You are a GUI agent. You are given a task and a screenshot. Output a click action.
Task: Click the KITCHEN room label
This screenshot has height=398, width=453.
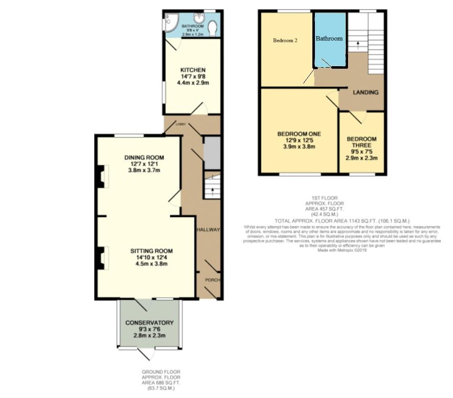(193, 70)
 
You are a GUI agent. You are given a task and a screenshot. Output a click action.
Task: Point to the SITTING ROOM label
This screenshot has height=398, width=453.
(151, 251)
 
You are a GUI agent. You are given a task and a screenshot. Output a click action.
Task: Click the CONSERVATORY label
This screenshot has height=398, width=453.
(150, 323)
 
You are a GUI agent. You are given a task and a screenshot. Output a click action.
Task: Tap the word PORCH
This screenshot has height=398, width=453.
(212, 280)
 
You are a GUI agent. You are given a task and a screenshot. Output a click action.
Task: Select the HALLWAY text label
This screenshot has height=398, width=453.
(208, 230)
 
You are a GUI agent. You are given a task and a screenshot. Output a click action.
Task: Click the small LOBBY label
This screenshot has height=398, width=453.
(180, 124)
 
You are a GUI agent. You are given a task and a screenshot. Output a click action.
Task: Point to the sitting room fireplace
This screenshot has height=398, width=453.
(101, 259)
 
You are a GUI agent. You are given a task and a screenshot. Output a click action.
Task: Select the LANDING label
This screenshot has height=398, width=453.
(366, 93)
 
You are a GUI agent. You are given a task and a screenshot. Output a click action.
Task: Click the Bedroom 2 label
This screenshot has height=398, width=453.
(285, 41)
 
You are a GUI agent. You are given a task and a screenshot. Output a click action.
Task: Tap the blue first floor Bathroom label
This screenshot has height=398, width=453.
(329, 38)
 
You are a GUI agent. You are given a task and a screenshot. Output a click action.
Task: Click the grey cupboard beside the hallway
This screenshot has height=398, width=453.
(211, 153)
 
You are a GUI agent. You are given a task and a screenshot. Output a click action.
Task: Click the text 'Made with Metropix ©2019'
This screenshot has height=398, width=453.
(342, 250)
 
